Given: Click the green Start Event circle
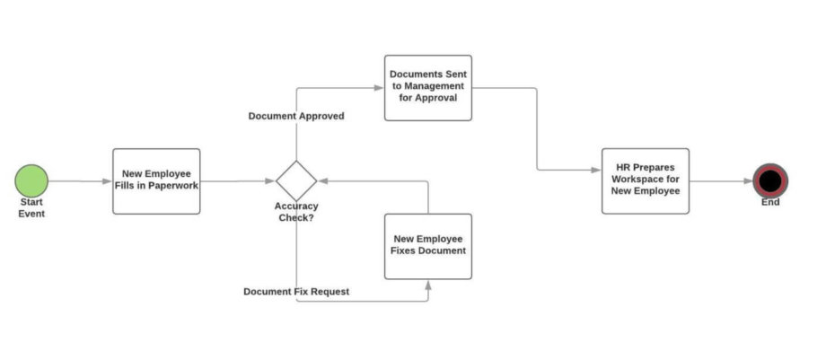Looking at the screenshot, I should point(31,180).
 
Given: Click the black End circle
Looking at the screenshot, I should point(769,180).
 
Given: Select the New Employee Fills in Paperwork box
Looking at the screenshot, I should point(156,180).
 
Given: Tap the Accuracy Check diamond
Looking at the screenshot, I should point(296,180).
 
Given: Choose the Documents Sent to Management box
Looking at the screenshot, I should point(428,87).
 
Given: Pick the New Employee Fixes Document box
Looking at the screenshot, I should point(428,245).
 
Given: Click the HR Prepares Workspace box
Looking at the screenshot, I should point(646,180).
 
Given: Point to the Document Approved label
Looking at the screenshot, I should point(296,116).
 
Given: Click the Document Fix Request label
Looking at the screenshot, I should point(296,292).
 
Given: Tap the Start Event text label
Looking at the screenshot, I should point(31,208).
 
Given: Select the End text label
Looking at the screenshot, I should point(770,203).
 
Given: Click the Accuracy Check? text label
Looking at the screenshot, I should point(296,212).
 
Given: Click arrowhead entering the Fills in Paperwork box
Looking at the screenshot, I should point(108,181).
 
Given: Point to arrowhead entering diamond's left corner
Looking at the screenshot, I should point(271,181).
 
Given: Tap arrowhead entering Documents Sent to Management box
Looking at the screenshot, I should point(380,87).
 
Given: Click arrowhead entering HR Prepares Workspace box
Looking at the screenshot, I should point(597,169).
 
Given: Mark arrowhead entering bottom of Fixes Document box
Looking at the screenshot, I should point(428,283).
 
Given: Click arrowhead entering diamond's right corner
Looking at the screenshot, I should point(322,180).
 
